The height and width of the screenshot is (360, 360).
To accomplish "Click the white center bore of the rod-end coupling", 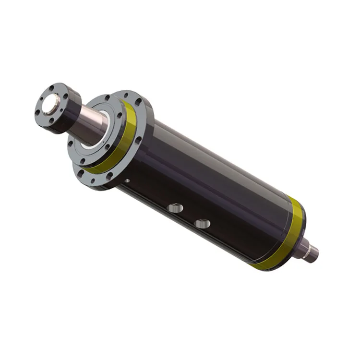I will click(49, 103).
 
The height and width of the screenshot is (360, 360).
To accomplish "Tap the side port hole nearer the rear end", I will click(203, 224).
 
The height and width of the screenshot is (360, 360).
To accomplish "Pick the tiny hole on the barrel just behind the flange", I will click(127, 181).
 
